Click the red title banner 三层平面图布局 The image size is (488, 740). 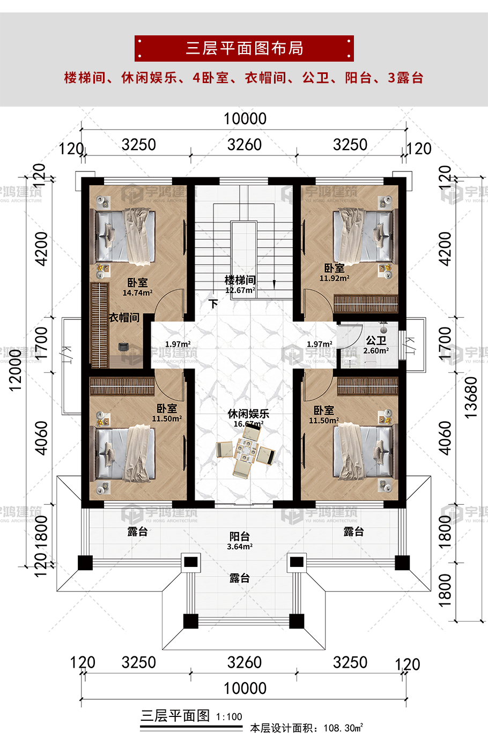pos(244,48)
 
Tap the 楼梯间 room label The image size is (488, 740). pos(240,280)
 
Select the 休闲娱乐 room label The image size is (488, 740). pos(248,413)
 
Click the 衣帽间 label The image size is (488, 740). pos(124,318)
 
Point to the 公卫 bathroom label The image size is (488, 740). pos(376,340)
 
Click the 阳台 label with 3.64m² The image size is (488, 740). pos(240,536)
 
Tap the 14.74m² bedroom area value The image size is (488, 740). pos(137,293)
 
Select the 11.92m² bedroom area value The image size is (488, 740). pos(334,278)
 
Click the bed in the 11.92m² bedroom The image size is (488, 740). pos(363,236)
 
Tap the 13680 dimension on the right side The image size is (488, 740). pos(470,397)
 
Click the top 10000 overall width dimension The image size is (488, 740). pos(245,118)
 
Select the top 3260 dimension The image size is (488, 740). pos(245,145)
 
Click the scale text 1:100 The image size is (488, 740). pos(229,717)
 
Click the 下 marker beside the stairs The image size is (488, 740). pos(213,304)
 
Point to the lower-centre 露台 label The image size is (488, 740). pos(240,578)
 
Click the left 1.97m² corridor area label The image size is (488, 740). pos(178,344)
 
